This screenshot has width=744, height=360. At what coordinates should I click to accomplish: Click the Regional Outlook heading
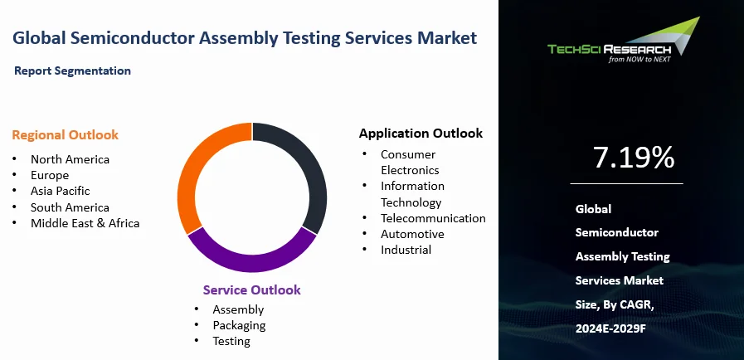pos(65,135)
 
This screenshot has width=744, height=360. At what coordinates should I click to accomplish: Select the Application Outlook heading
pos(421,134)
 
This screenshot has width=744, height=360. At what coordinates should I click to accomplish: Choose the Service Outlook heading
pos(251,290)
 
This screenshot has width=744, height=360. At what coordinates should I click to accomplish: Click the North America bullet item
pos(70,159)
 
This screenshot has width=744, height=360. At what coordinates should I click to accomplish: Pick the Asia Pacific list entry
pos(60,191)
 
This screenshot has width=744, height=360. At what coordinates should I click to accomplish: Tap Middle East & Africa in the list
pos(85,223)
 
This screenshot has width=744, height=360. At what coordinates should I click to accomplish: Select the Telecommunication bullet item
pos(433,218)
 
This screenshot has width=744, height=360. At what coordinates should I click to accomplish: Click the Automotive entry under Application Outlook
pos(412,234)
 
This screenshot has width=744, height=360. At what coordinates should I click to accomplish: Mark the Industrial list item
pos(406,250)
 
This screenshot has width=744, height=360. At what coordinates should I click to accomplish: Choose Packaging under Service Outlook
pos(239,325)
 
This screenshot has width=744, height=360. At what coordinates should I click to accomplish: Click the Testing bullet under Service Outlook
pos(231,341)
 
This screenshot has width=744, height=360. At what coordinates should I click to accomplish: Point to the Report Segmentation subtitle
pos(72,71)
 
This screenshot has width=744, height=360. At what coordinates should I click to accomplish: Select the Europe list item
pos(50,175)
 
